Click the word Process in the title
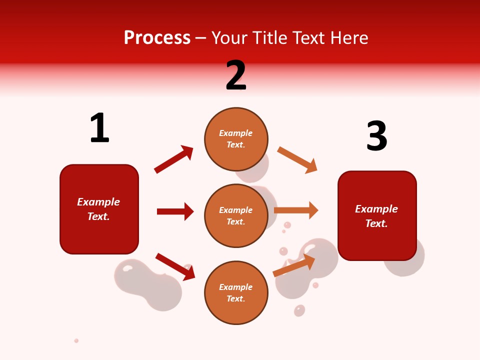(157, 38)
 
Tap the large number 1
(99, 128)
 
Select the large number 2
(236, 75)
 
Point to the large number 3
(376, 136)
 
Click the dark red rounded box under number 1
(99, 209)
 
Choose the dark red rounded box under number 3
(377, 216)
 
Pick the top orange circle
(236, 139)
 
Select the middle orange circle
(236, 215)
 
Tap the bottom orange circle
(236, 292)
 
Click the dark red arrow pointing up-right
(173, 159)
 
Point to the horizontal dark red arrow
(175, 211)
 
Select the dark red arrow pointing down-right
(175, 266)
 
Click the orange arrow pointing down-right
(297, 160)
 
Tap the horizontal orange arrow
(296, 210)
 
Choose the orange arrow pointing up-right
(294, 265)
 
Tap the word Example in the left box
(98, 202)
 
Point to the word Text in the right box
(375, 223)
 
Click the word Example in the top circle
(236, 133)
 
